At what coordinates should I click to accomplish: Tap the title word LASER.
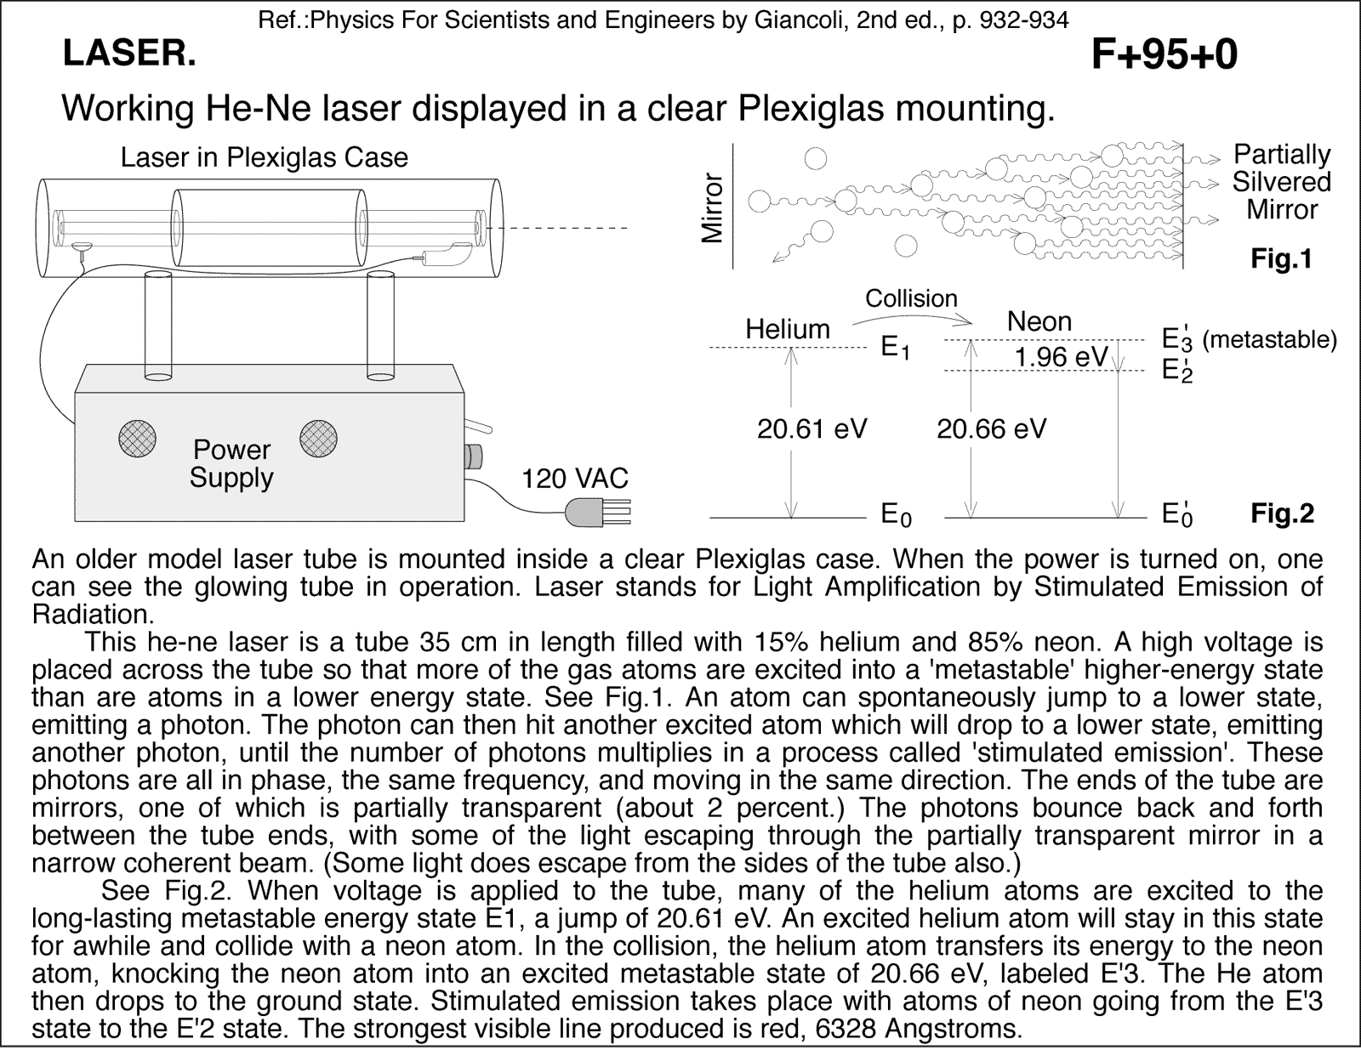(129, 54)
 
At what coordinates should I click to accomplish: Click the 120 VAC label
(575, 479)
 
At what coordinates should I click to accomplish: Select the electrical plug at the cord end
(595, 512)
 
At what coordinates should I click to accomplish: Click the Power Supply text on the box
(231, 463)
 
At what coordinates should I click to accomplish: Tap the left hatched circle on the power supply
(137, 439)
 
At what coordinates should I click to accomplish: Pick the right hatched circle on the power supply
(318, 439)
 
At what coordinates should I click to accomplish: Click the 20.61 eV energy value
(811, 429)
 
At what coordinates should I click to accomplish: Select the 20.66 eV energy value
(991, 429)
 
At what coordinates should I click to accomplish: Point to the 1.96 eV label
(1061, 357)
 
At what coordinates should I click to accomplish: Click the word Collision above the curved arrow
(911, 298)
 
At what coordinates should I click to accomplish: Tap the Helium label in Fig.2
(788, 330)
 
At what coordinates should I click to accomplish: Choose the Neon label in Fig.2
(1039, 322)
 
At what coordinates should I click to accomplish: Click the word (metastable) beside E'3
(1269, 340)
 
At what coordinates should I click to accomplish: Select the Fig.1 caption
(1281, 259)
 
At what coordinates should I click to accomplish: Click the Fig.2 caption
(1281, 514)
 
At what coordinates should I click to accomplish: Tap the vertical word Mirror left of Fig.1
(711, 208)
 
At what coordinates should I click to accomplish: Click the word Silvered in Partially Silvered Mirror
(1281, 182)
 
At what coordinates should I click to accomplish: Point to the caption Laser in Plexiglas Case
(265, 158)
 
